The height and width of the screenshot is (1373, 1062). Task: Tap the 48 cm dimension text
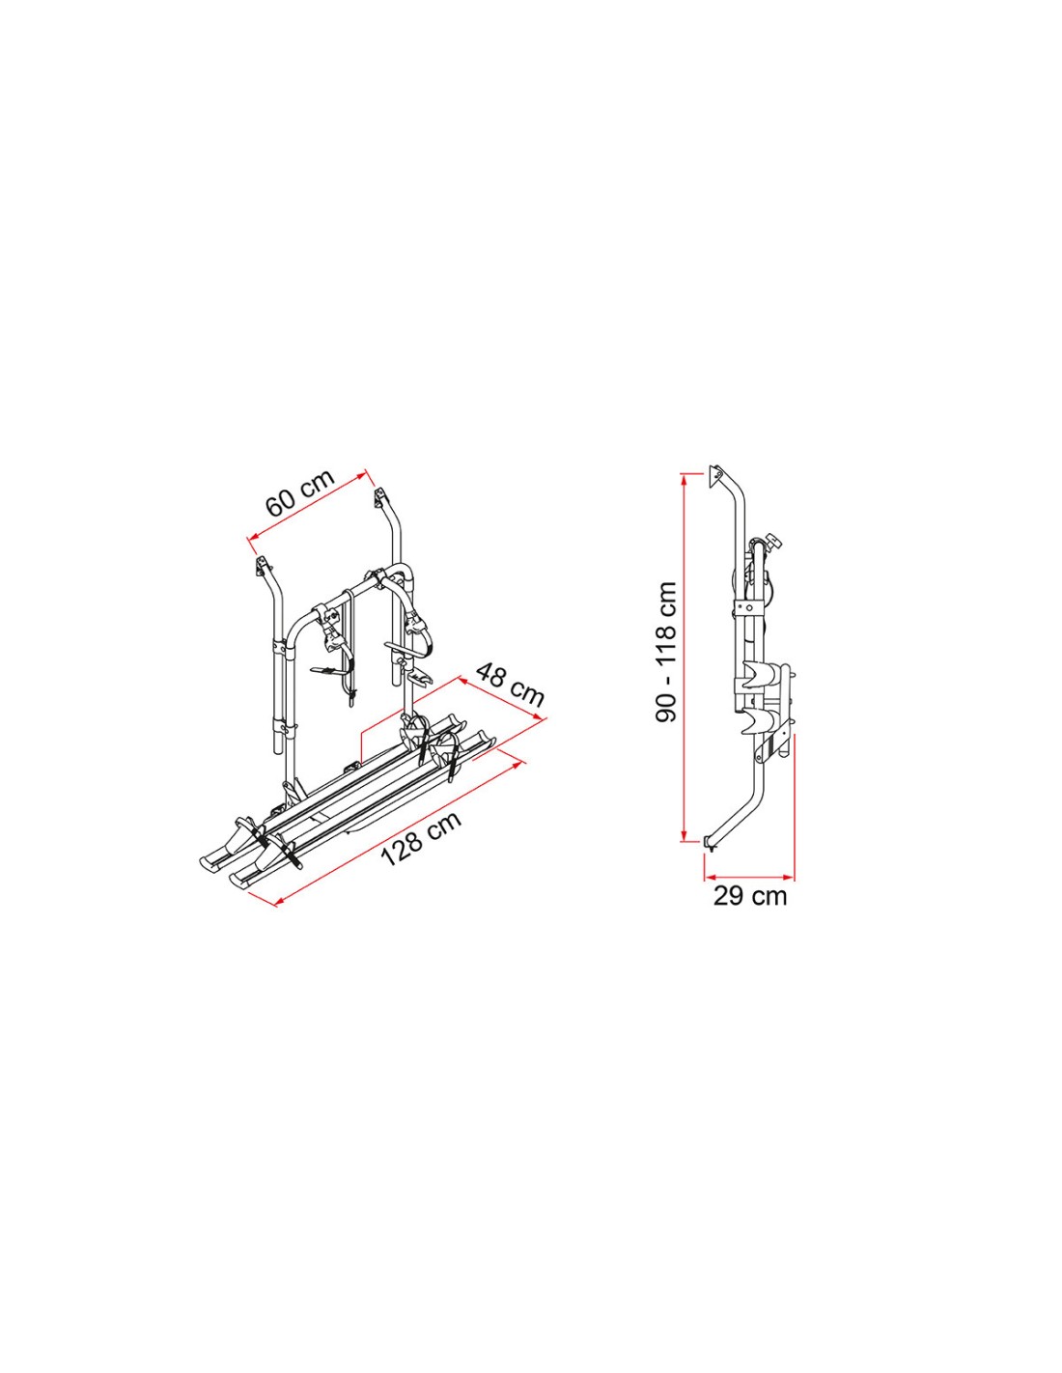[x=508, y=685]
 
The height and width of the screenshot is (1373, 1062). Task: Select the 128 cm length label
[x=421, y=838]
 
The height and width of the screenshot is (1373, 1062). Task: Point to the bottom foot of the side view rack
[x=711, y=843]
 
